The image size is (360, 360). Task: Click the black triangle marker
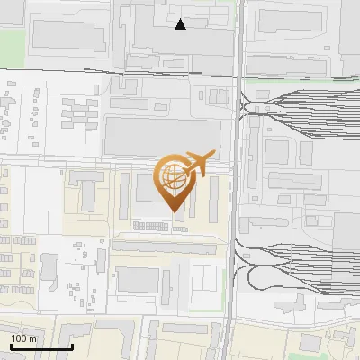181,24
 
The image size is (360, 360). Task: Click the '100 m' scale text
23,338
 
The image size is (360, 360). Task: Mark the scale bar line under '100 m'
41,346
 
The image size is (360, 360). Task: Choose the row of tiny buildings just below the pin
158,225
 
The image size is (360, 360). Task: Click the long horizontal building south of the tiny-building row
166,246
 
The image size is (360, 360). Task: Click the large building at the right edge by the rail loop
346,252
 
